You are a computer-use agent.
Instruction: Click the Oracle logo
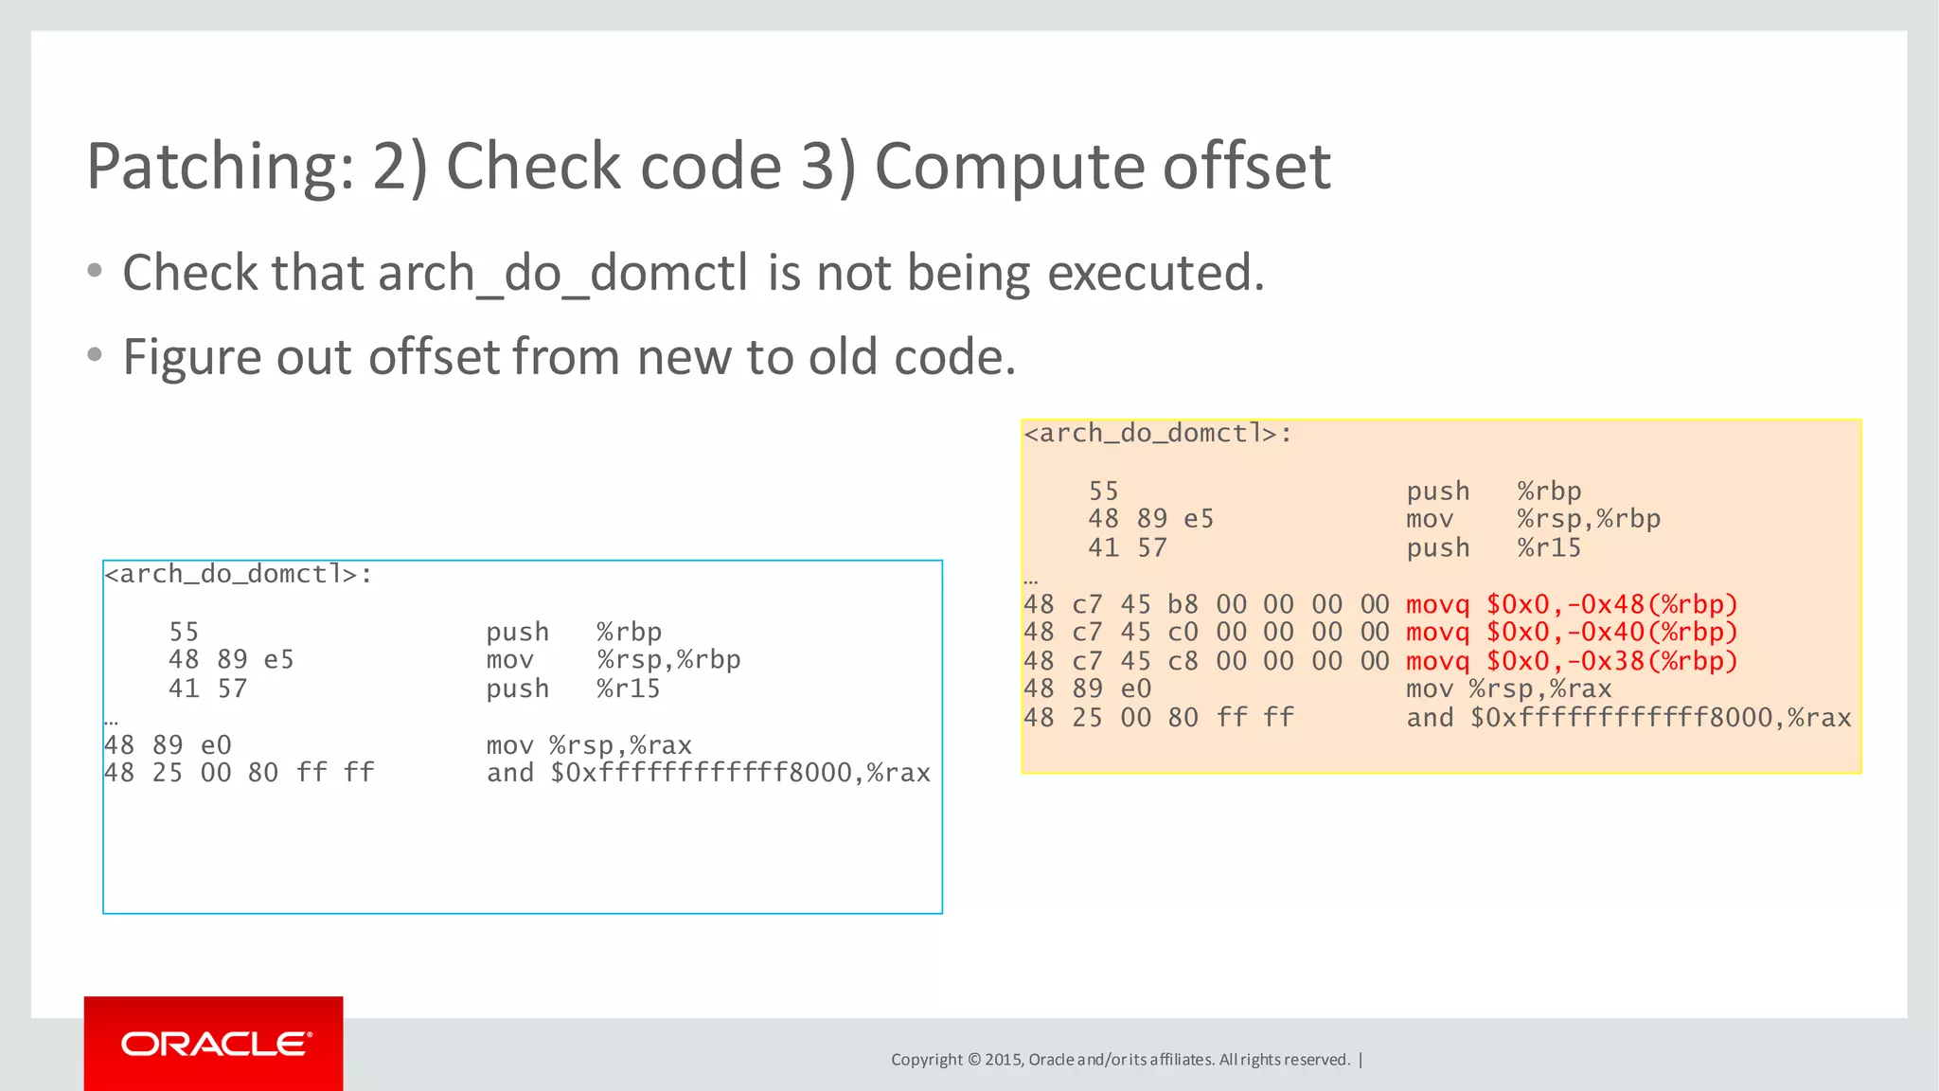[215, 1044]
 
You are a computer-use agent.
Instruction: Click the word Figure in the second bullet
[191, 358]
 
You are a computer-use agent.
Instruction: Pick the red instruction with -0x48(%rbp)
[1572, 604]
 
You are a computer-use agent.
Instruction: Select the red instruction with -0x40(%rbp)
[1572, 632]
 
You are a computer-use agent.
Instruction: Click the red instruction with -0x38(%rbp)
[1572, 661]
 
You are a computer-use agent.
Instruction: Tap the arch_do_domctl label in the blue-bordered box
[238, 575]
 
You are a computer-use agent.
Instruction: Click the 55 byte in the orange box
[1103, 492]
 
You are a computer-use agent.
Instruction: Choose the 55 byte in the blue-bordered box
[184, 632]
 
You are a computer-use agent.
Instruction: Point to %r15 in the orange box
[1549, 548]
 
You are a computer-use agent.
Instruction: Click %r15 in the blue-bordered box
[628, 689]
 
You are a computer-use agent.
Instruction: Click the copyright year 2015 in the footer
[1003, 1060]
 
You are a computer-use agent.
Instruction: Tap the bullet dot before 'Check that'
[94, 272]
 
